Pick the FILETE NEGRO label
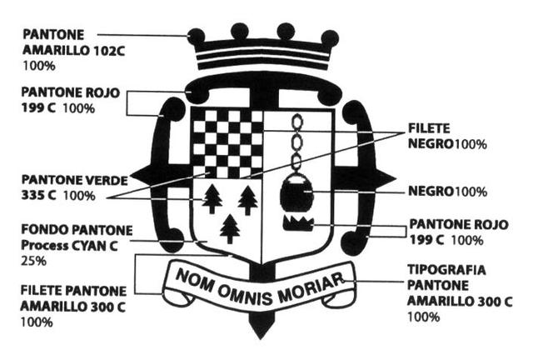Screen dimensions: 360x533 tap(448, 136)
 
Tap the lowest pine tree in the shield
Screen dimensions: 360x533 tap(229, 227)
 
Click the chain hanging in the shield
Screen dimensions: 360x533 tap(296, 142)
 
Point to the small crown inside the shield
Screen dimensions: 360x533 tap(297, 222)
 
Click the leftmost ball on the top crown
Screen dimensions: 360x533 tap(197, 36)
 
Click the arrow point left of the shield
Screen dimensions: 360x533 tap(137, 174)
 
